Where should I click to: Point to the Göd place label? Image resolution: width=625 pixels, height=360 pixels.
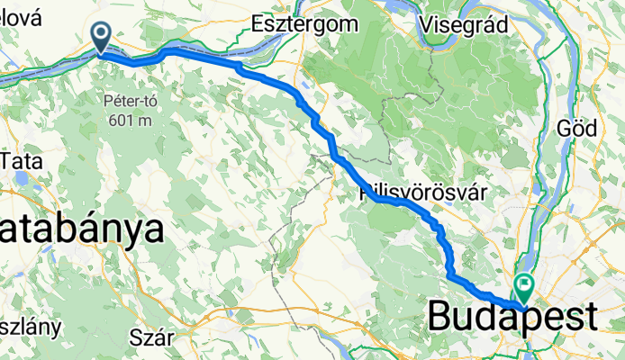pyautogui.click(x=577, y=129)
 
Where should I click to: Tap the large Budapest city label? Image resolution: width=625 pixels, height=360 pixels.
pyautogui.click(x=512, y=317)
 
